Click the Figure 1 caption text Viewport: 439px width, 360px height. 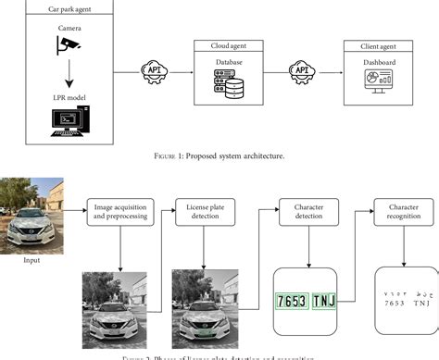[220, 157]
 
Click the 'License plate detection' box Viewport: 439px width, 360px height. [207, 216]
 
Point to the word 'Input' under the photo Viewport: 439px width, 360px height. [32, 260]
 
